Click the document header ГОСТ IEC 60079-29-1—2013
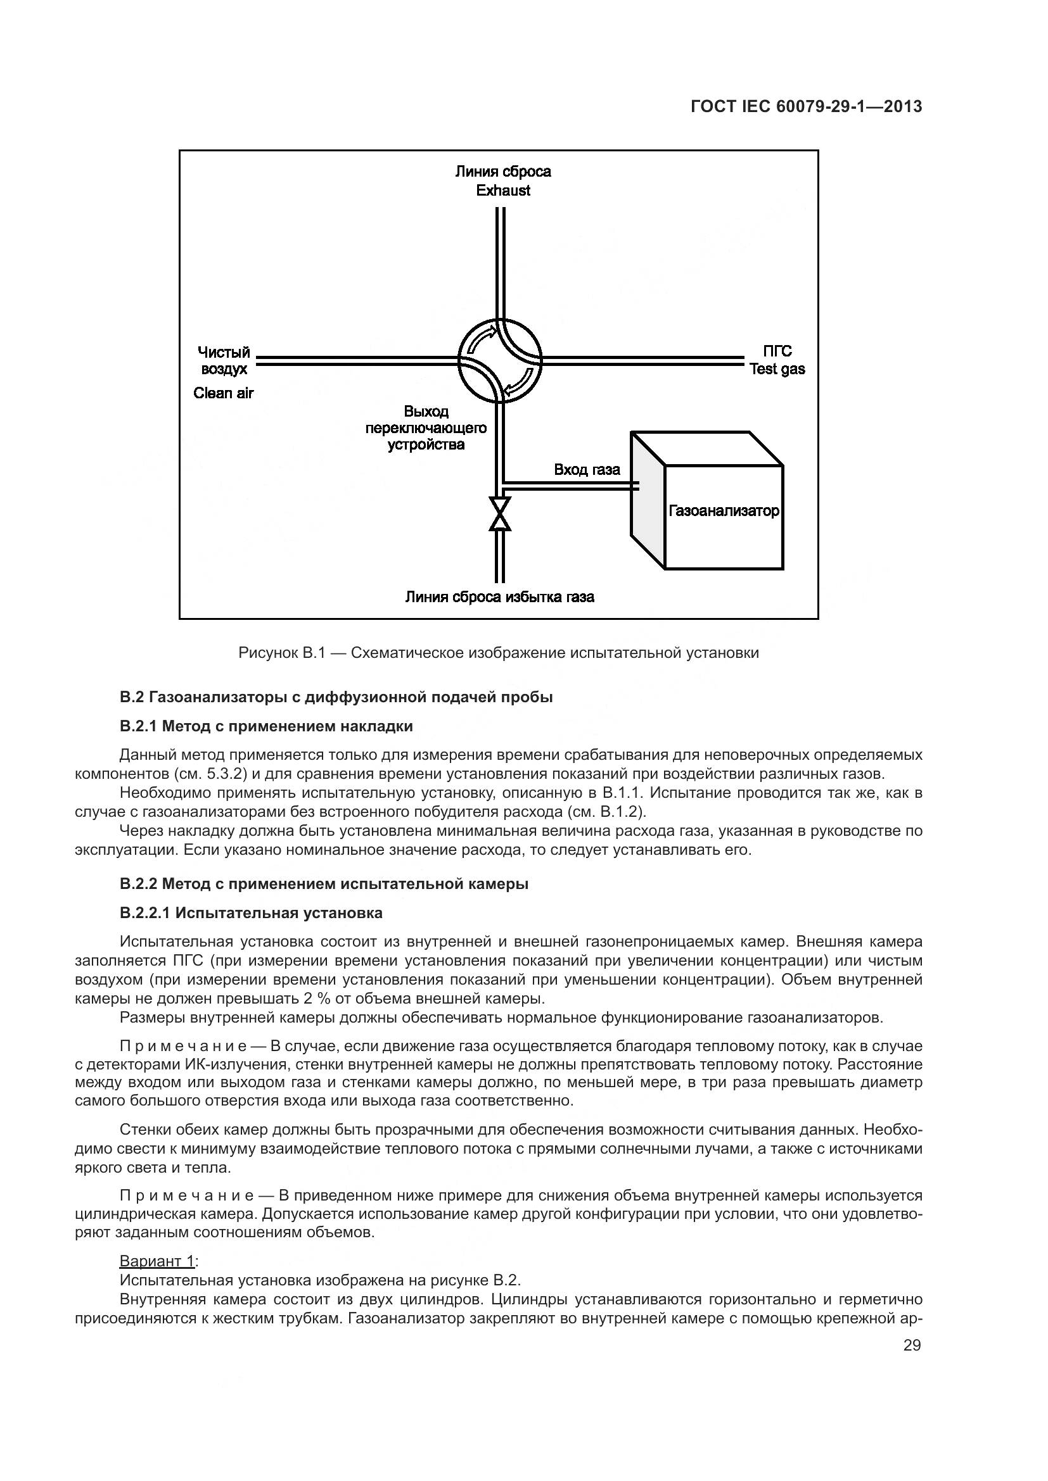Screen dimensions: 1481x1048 coord(806,106)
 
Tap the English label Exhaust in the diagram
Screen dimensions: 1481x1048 coord(502,191)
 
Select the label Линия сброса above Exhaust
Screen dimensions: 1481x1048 coord(502,171)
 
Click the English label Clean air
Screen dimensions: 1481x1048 coord(223,393)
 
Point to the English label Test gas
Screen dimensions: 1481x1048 coord(777,369)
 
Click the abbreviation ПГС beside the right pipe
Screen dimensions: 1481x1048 coord(777,351)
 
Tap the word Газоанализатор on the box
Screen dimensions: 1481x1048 coord(724,511)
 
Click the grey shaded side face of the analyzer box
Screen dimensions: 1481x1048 coord(648,500)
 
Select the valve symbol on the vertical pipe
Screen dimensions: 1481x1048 coord(499,514)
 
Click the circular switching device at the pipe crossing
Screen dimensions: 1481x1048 coord(500,360)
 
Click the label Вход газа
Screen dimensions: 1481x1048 coord(587,470)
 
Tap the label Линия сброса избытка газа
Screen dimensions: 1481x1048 coord(499,596)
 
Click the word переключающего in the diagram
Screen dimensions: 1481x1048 coord(426,428)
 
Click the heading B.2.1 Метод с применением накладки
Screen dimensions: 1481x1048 coord(266,726)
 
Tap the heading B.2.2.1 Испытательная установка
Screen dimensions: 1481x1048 coord(251,913)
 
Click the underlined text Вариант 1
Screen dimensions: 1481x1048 coord(158,1261)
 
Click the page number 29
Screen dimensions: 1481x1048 coord(912,1346)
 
